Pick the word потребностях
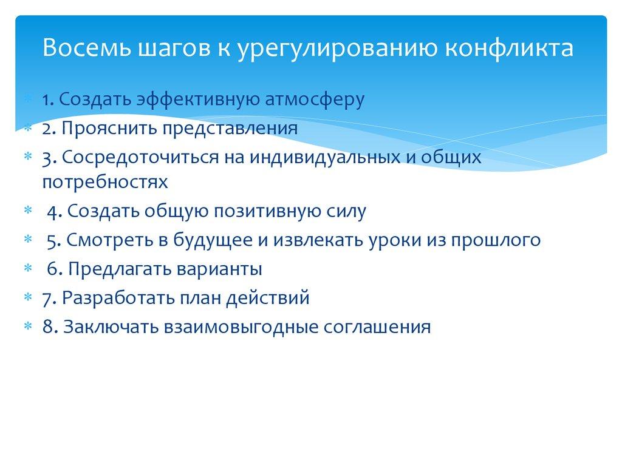[x=104, y=181]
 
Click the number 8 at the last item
[x=47, y=327]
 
